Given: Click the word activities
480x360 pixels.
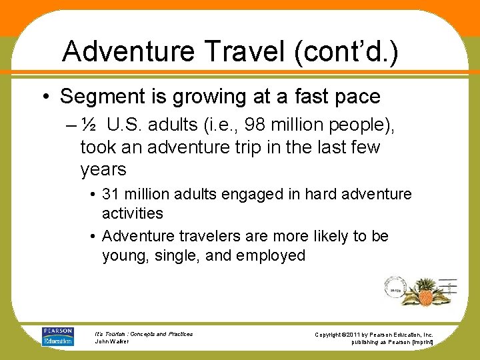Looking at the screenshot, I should [132, 213].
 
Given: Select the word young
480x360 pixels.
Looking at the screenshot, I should [122, 255].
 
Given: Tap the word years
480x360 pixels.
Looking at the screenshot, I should [103, 169].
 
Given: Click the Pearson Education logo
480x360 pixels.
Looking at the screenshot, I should [57, 336].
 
